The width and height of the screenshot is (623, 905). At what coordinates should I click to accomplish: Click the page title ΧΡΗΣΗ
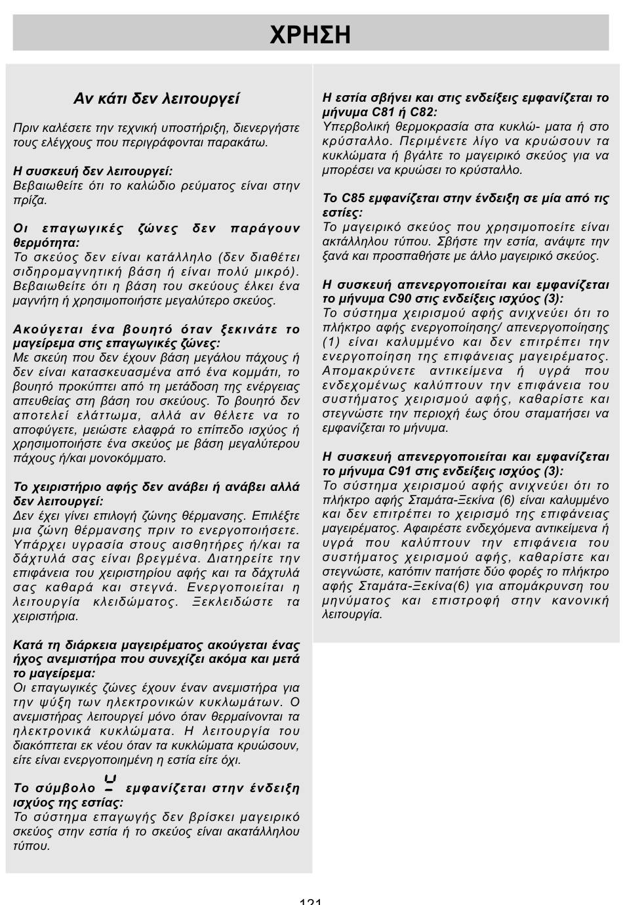(x=310, y=35)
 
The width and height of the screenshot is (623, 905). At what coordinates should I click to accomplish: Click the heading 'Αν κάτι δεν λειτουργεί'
(x=157, y=99)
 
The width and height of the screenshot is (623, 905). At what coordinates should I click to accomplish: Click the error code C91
(x=401, y=471)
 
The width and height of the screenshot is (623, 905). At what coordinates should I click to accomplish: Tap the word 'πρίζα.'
(x=30, y=200)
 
